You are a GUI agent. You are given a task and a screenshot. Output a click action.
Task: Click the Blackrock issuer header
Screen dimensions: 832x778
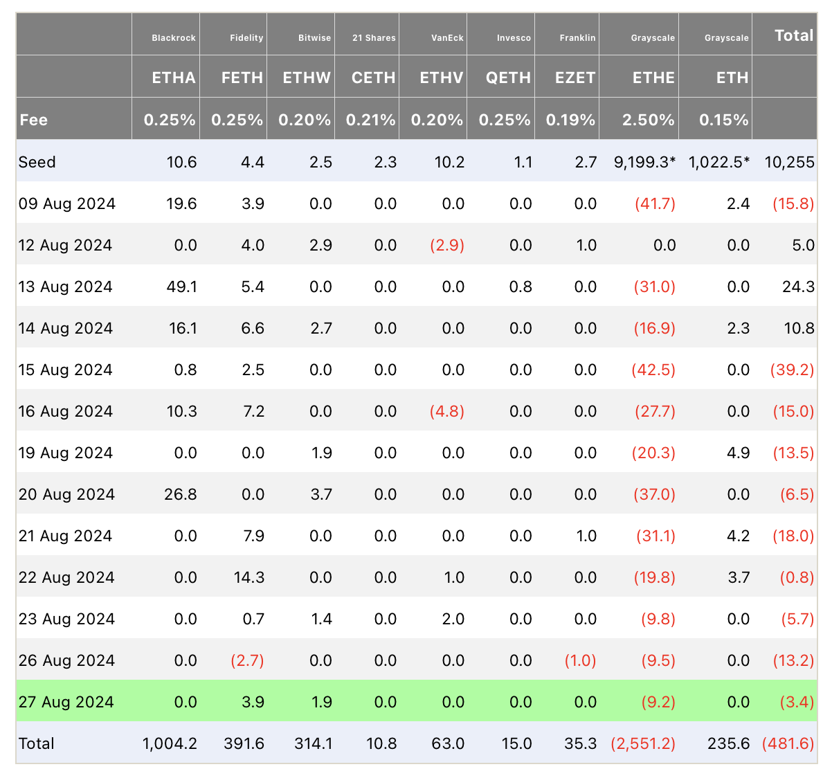pyautogui.click(x=174, y=37)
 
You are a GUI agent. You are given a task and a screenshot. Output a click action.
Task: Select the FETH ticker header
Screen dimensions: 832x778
pyautogui.click(x=242, y=78)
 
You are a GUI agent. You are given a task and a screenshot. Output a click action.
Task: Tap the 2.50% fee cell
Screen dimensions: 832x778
pyautogui.click(x=648, y=120)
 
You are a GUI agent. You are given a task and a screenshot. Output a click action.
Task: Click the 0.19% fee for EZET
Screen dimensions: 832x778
pyautogui.click(x=570, y=120)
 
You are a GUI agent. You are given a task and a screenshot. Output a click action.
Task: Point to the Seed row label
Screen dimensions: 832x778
pyautogui.click(x=37, y=162)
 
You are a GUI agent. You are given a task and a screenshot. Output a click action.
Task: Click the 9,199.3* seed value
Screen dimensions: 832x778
pyautogui.click(x=644, y=162)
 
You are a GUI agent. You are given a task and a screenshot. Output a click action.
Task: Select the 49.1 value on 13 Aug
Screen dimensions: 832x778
pyautogui.click(x=181, y=287)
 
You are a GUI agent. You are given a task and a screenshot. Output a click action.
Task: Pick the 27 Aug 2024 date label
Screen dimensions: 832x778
pyautogui.click(x=66, y=702)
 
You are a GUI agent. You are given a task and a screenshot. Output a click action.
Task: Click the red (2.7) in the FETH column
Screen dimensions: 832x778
pyautogui.click(x=247, y=660)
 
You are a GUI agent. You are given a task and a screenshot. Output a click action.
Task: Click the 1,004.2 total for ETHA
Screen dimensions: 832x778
pyautogui.click(x=170, y=743)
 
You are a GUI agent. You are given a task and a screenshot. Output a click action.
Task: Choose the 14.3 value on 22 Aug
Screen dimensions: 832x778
pyautogui.click(x=249, y=577)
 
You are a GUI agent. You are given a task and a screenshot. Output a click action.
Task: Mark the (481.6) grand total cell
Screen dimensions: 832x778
pyautogui.click(x=788, y=743)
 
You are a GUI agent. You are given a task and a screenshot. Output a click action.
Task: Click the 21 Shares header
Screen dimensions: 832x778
pyautogui.click(x=374, y=37)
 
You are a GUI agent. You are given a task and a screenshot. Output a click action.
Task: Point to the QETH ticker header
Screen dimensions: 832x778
pyautogui.click(x=508, y=78)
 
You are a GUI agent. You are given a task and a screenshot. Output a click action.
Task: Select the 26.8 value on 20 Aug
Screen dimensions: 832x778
pyautogui.click(x=181, y=494)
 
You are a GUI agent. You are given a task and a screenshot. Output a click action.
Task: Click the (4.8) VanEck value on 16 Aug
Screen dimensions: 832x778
pyautogui.click(x=447, y=411)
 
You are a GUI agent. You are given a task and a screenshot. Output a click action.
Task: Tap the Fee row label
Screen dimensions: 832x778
pyautogui.click(x=33, y=120)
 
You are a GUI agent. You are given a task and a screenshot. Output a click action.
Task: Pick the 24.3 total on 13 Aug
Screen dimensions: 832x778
pyautogui.click(x=799, y=287)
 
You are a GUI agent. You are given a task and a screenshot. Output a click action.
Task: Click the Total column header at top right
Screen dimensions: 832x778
pyautogui.click(x=794, y=35)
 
